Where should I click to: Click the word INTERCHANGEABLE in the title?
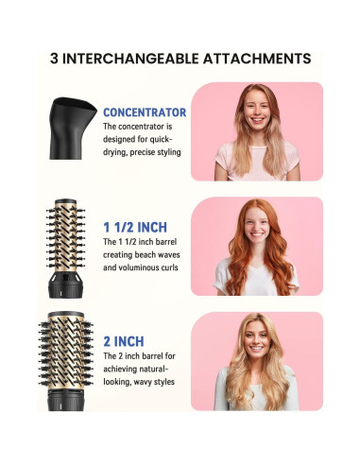point(141,57)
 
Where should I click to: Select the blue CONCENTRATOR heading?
point(145,112)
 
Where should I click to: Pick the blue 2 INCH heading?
point(124,340)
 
